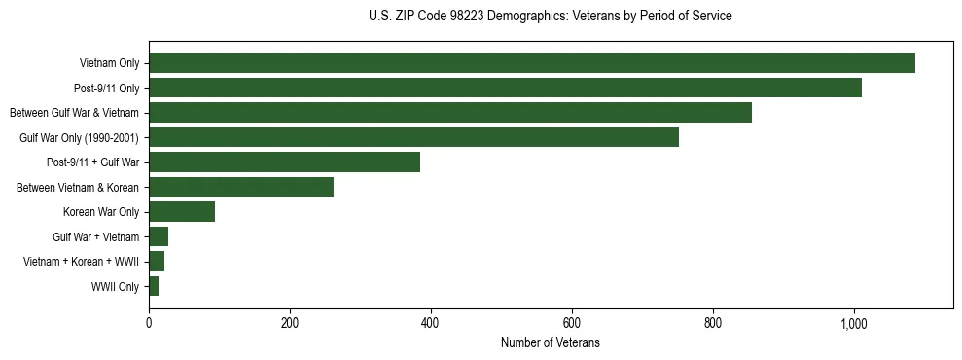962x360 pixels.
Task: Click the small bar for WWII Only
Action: [154, 286]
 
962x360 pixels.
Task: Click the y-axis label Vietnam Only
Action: [109, 64]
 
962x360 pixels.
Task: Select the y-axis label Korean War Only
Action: [101, 212]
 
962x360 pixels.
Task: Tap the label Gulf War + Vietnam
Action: [96, 237]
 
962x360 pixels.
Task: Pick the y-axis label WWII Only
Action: [115, 287]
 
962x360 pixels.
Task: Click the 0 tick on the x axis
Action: [149, 323]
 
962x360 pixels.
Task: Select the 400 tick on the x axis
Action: [431, 323]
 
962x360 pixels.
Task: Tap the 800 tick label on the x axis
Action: [713, 323]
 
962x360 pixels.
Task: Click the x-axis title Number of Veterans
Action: [550, 343]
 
